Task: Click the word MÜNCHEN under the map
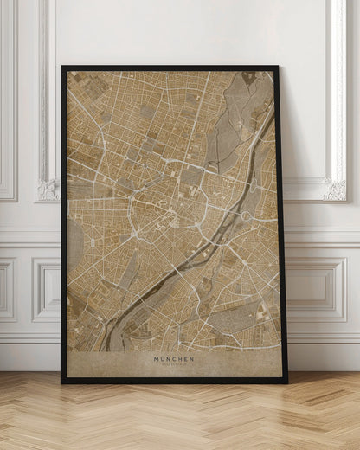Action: [174, 358]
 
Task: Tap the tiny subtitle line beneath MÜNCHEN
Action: [174, 364]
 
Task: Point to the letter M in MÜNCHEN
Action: [157, 358]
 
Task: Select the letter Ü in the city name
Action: [164, 358]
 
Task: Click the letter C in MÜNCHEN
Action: [174, 358]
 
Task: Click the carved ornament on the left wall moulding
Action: [48, 188]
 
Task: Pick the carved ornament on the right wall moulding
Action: [333, 188]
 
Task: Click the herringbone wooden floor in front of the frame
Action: [173, 420]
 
